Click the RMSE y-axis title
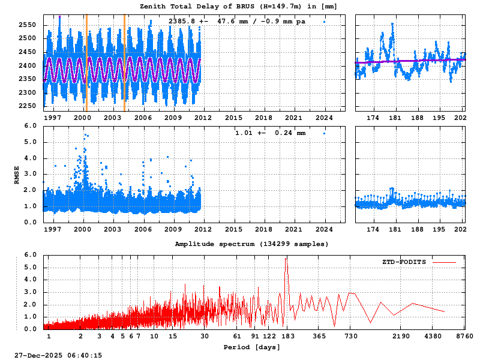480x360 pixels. coord(17,174)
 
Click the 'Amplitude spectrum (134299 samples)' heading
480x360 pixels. coord(251,244)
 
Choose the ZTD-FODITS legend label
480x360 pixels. coord(404,262)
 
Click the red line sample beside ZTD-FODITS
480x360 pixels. coord(444,262)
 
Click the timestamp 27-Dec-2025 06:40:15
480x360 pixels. coord(58,355)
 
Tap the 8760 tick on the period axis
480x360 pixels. coord(464,337)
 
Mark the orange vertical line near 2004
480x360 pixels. coord(124,63)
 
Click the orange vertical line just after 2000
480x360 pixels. coord(86,63)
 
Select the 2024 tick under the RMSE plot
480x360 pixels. coord(324,229)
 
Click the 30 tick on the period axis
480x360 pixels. coord(205,337)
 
